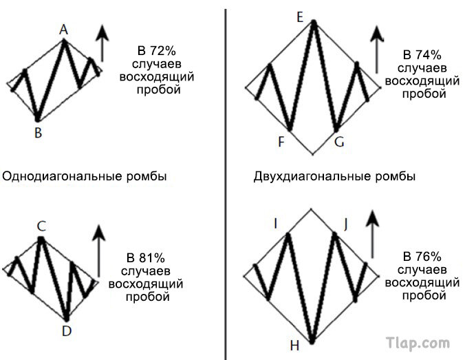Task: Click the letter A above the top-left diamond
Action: pyautogui.click(x=63, y=30)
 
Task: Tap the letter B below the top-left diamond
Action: pyautogui.click(x=39, y=132)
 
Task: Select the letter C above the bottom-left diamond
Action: pyautogui.click(x=41, y=226)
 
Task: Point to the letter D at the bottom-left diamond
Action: pyautogui.click(x=67, y=330)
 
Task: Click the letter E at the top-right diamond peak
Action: pyautogui.click(x=300, y=17)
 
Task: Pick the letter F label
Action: pyautogui.click(x=281, y=142)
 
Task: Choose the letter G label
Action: pyautogui.click(x=339, y=142)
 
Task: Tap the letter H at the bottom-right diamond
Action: pyautogui.click(x=294, y=346)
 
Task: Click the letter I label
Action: pyautogui.click(x=276, y=224)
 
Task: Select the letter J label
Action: pyautogui.click(x=346, y=224)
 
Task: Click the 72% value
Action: pyautogui.click(x=162, y=51)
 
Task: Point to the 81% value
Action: pyautogui.click(x=151, y=258)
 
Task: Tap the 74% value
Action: pyautogui.click(x=429, y=55)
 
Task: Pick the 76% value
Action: pyautogui.click(x=429, y=257)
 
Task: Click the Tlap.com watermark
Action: pyautogui.click(x=418, y=343)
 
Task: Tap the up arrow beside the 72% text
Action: pyautogui.click(x=102, y=43)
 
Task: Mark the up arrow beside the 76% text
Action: pyautogui.click(x=373, y=235)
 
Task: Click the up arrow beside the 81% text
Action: pyautogui.click(x=99, y=251)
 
